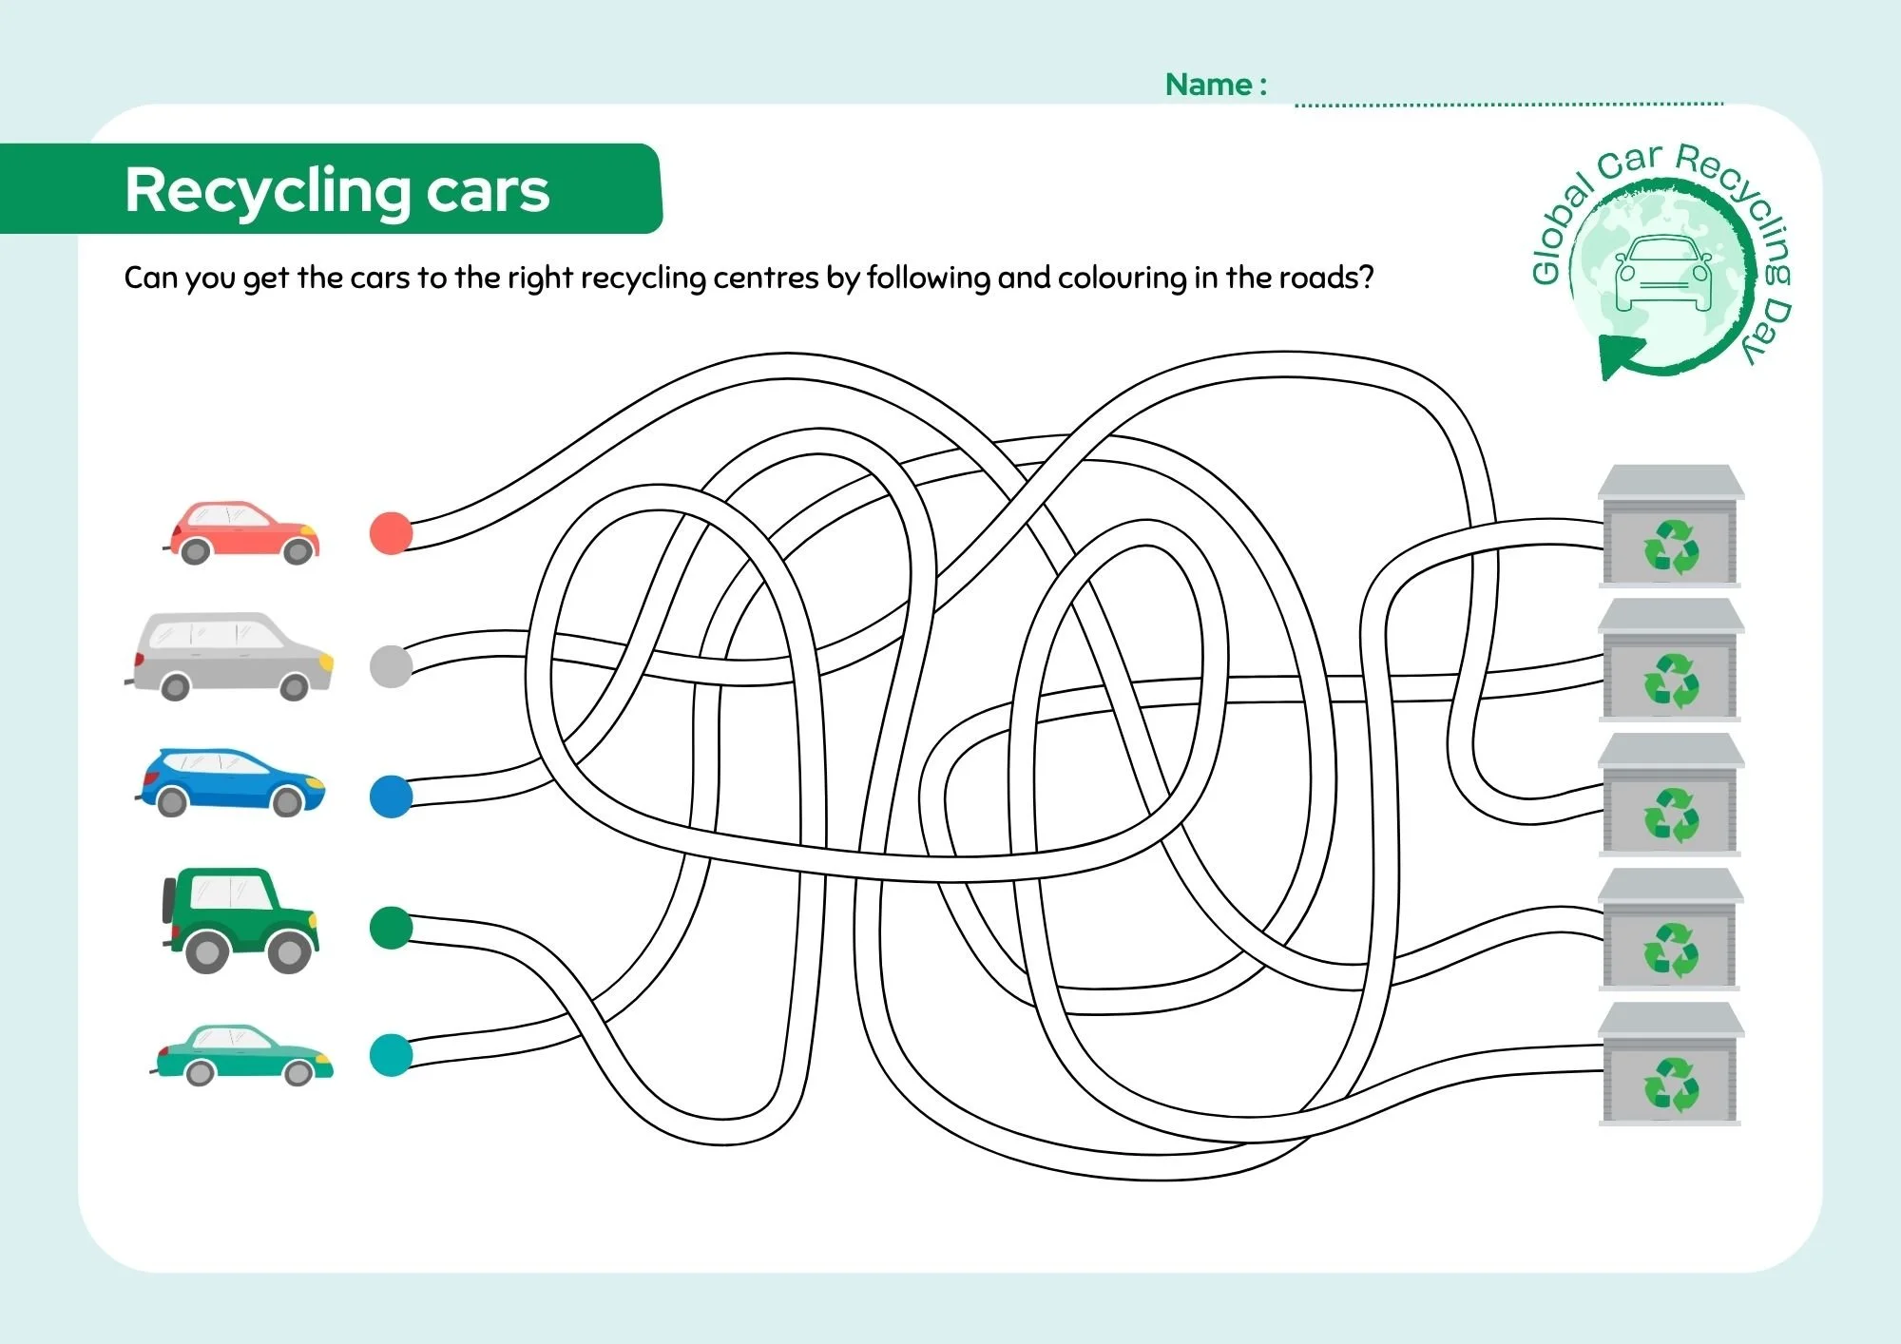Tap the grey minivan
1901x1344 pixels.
point(231,656)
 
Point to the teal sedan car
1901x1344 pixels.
point(244,1055)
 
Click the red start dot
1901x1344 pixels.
point(391,533)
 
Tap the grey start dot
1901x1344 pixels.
point(391,666)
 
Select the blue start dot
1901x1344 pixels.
point(391,797)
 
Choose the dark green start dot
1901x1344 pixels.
point(391,928)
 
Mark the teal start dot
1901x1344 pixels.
point(391,1055)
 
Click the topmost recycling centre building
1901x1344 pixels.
point(1670,527)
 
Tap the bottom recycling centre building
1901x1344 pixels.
point(1670,1065)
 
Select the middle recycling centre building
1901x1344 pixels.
point(1670,795)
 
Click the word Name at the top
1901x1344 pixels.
point(1208,85)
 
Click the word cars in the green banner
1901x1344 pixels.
point(488,191)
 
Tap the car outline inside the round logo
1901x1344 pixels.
point(1661,274)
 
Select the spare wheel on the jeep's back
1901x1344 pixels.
point(169,898)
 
